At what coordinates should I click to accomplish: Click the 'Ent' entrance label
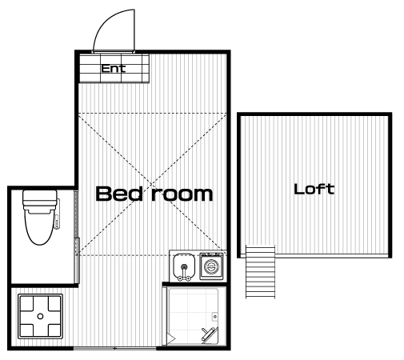click(x=113, y=69)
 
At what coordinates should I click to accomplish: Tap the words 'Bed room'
click(x=154, y=194)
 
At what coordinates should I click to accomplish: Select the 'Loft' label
click(x=314, y=189)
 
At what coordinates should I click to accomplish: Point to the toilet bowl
click(x=40, y=226)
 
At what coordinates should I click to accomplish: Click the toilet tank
click(x=40, y=199)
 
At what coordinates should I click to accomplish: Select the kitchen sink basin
click(x=184, y=266)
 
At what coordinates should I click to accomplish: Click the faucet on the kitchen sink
click(x=184, y=273)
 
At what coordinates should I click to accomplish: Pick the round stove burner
click(x=211, y=266)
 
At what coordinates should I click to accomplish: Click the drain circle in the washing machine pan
click(x=40, y=316)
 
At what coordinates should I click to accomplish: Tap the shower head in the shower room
click(x=208, y=334)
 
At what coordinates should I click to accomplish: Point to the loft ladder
click(x=260, y=271)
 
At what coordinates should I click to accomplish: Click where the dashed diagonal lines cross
click(x=152, y=184)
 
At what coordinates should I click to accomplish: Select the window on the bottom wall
click(x=114, y=348)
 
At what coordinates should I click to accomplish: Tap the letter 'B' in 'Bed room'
click(x=103, y=194)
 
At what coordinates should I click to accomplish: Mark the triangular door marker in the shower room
click(x=171, y=339)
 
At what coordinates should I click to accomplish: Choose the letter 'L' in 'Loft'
click(x=298, y=189)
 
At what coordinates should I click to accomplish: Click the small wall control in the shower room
click(x=215, y=317)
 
